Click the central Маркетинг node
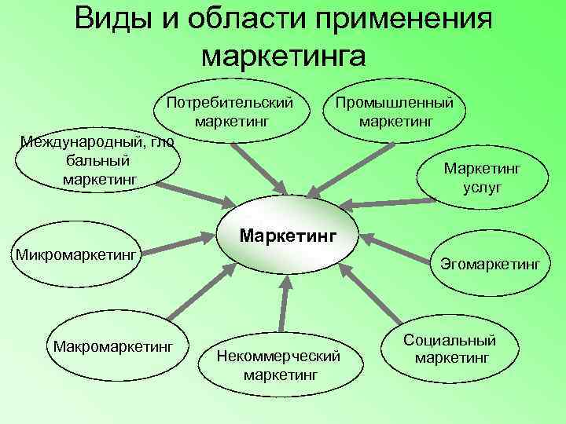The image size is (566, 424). tap(287, 234)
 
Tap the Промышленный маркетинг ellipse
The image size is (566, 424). tap(395, 112)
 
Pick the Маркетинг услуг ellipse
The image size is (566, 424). tap(482, 177)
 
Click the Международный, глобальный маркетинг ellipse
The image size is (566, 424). tap(98, 160)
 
